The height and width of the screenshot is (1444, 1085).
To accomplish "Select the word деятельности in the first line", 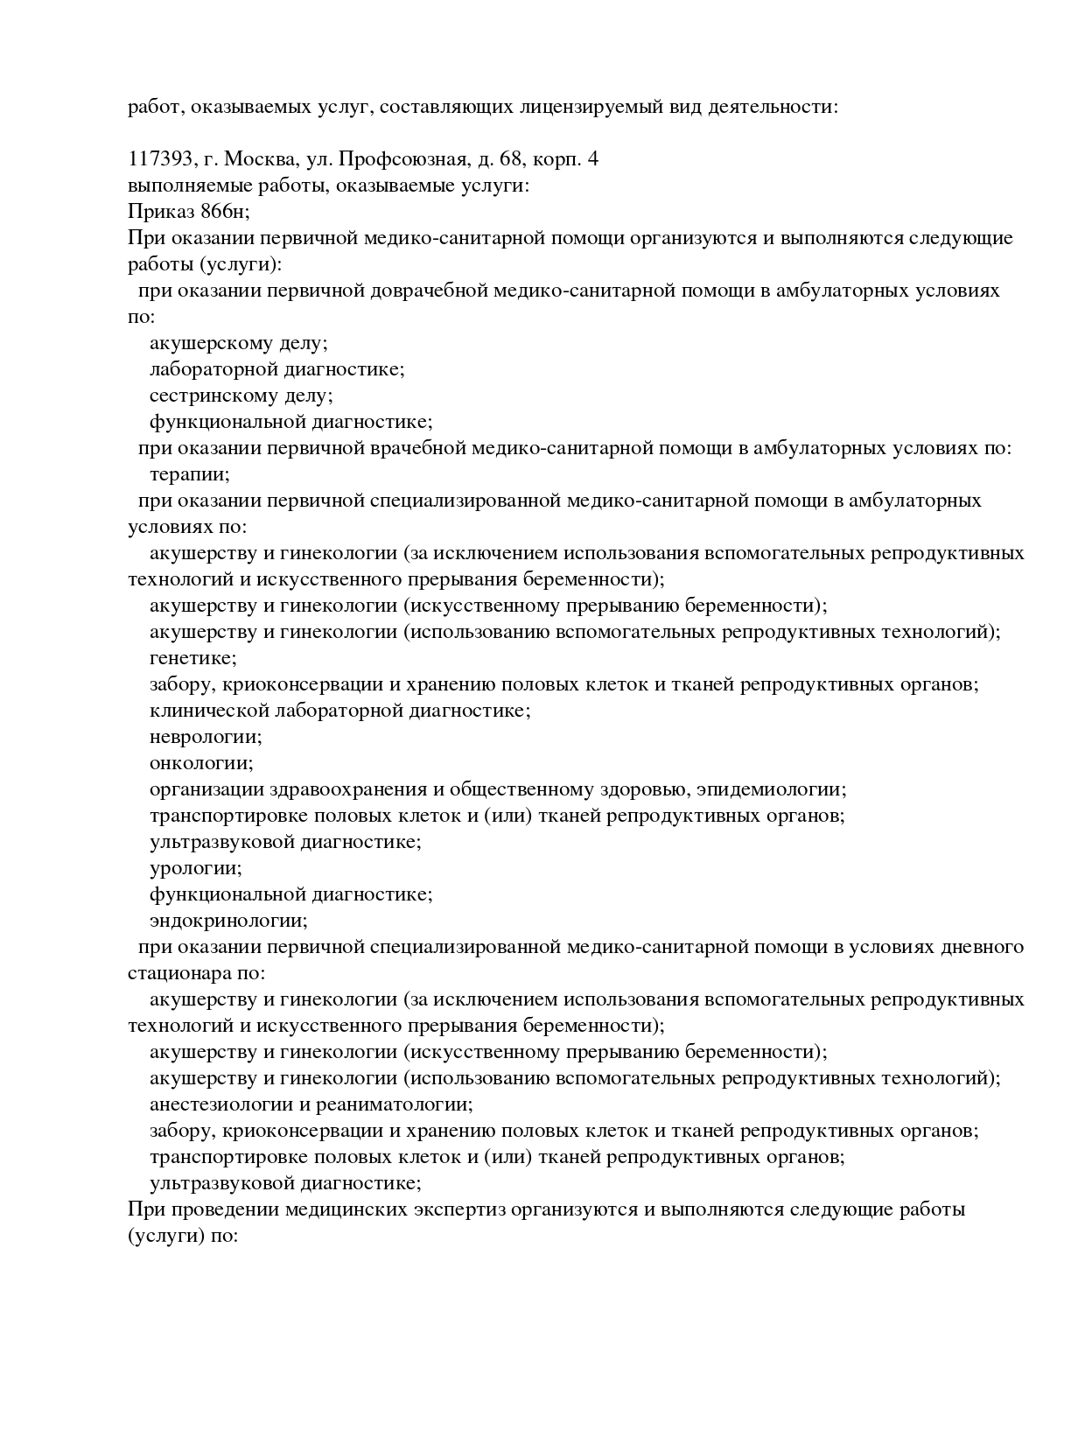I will [773, 107].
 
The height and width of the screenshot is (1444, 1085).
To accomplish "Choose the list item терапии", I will [189, 474].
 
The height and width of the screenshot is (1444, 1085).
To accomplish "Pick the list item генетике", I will [192, 658].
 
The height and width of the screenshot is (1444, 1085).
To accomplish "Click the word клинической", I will [210, 711].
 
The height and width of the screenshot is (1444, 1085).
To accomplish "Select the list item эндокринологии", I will [228, 921].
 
